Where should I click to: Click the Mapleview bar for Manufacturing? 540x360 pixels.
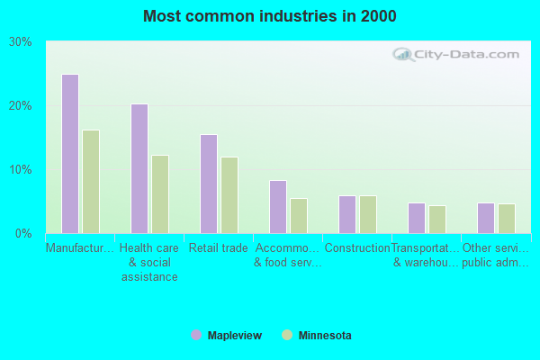pyautogui.click(x=69, y=154)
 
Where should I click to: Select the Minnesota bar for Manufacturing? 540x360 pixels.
pyautogui.click(x=91, y=182)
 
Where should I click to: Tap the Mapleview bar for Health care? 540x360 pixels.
pyautogui.click(x=139, y=168)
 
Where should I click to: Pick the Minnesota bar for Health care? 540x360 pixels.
pyautogui.click(x=160, y=194)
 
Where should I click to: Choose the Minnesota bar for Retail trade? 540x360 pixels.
pyautogui.click(x=229, y=195)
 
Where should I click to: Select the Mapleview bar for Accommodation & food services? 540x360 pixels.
pyautogui.click(x=277, y=207)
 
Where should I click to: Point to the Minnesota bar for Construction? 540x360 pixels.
pyautogui.click(x=368, y=214)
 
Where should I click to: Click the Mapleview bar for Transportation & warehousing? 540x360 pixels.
pyautogui.click(x=416, y=218)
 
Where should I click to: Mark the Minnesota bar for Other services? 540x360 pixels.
pyautogui.click(x=507, y=219)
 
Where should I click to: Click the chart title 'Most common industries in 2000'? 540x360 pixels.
pyautogui.click(x=269, y=16)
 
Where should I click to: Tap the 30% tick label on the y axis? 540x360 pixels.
pyautogui.click(x=21, y=42)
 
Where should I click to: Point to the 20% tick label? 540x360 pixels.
pyautogui.click(x=21, y=106)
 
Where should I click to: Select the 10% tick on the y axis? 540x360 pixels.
pyautogui.click(x=21, y=170)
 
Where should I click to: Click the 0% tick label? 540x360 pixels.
pyautogui.click(x=24, y=234)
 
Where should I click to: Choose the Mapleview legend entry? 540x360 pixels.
pyautogui.click(x=226, y=336)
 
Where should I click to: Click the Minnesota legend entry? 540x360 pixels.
pyautogui.click(x=317, y=336)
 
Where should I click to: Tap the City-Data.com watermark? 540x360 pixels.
pyautogui.click(x=459, y=54)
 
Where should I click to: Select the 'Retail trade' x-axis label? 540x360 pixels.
pyautogui.click(x=220, y=248)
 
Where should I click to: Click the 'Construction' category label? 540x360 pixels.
pyautogui.click(x=357, y=248)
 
